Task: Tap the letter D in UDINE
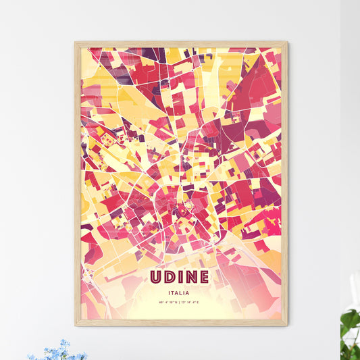[x=170, y=278]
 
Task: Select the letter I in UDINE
[x=179, y=278]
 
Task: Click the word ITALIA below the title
[x=180, y=292]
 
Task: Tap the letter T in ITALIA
[x=174, y=292]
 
